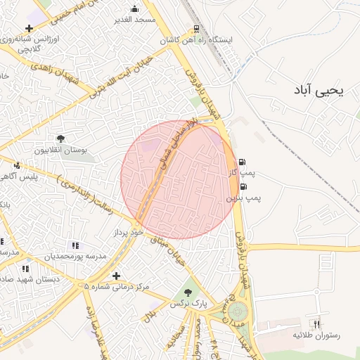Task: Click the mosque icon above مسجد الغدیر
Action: (135, 9)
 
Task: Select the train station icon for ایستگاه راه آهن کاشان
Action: (197, 30)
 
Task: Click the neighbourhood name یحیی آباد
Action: (319, 91)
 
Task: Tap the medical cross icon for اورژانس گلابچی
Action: (29, 28)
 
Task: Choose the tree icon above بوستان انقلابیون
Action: (61, 139)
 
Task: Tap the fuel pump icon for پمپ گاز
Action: (243, 162)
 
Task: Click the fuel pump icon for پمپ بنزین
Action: (243, 187)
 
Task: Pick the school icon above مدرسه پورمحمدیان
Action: (75, 245)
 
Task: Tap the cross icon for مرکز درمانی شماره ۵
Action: (116, 276)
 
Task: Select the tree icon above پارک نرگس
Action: (188, 292)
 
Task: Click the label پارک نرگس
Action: (188, 304)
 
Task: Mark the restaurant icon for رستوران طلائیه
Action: (316, 324)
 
